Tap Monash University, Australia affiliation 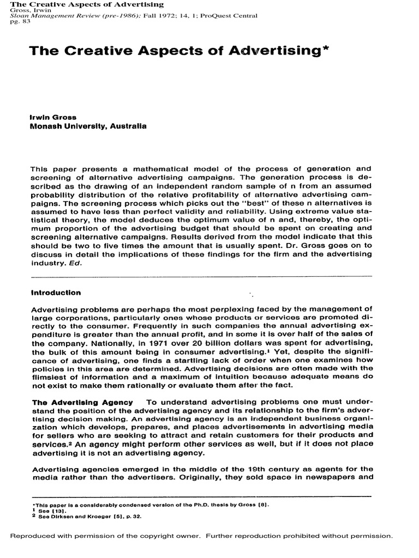click(88, 126)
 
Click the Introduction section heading click(56, 293)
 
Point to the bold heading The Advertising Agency click(81, 402)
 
